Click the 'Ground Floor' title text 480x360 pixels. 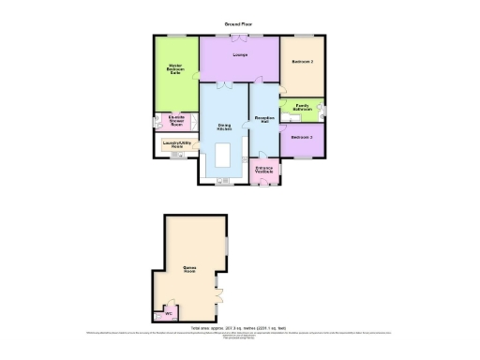[239, 22]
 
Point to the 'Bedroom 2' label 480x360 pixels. [302, 63]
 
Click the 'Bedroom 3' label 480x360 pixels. [301, 138]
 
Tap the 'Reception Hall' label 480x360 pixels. [263, 120]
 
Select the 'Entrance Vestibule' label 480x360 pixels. [263, 171]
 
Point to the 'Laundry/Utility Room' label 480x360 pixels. [175, 145]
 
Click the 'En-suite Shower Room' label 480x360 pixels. [175, 120]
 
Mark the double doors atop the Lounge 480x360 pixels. [240, 37]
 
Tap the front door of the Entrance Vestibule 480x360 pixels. [263, 186]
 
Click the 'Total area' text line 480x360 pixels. [239, 328]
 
